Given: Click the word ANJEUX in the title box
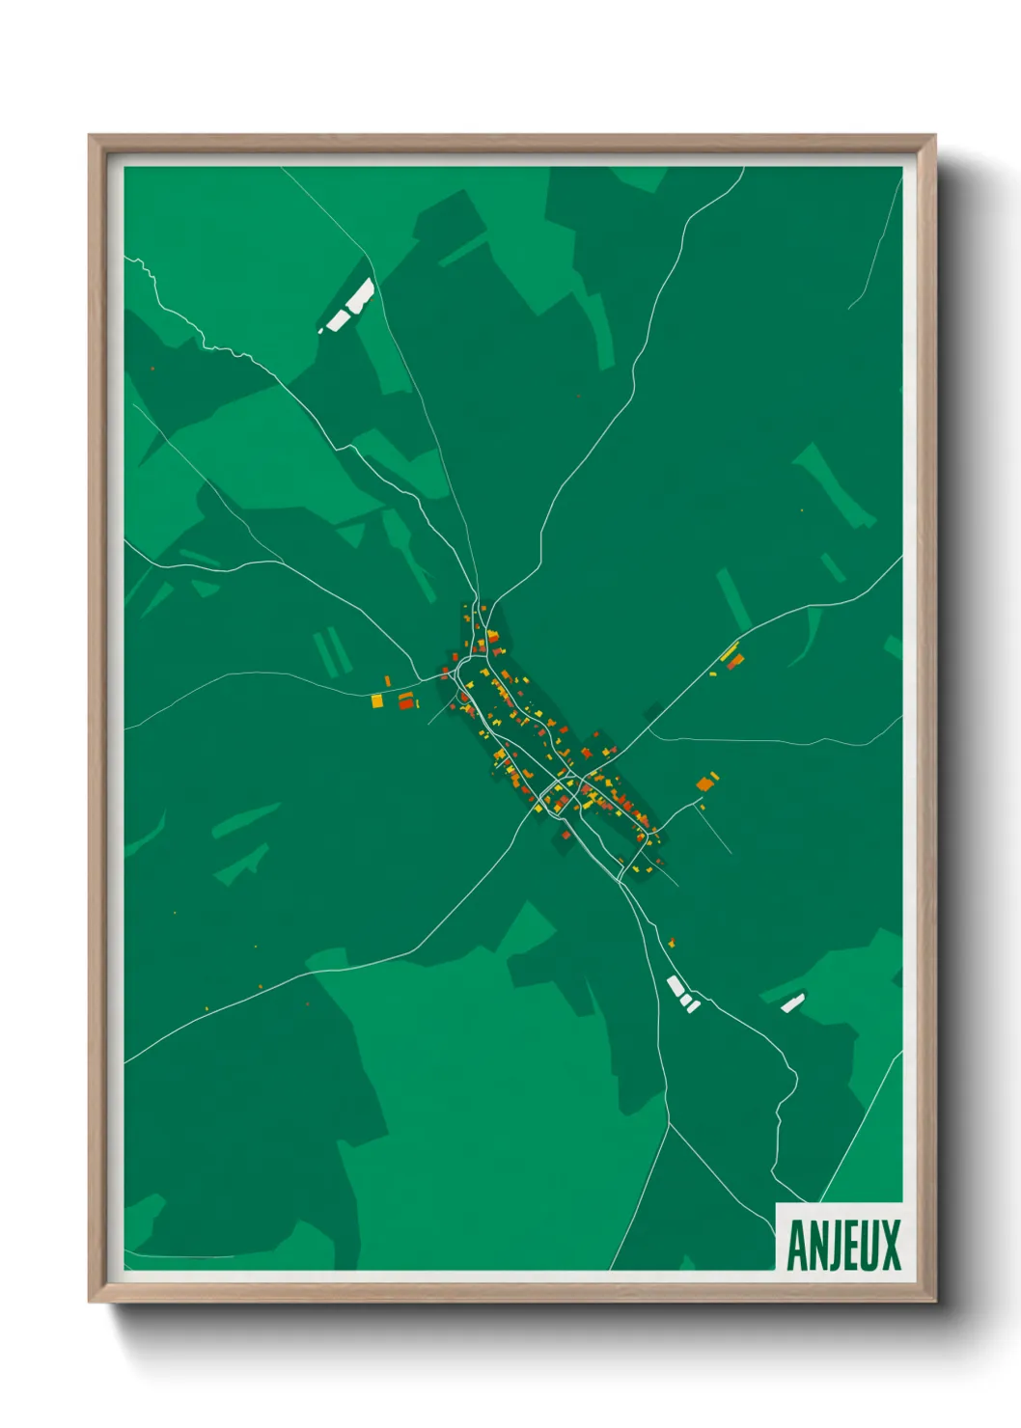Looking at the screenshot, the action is pos(843,1245).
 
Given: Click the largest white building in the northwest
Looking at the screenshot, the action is pos(358,295).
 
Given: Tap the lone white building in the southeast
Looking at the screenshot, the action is pos(792,1003).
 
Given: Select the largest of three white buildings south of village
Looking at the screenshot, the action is pos(675,986).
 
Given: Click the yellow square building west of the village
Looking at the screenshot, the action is pos(377,701).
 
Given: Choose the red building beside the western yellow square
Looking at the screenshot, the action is pos(406,700).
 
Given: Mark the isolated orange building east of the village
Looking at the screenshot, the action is pos(705,783).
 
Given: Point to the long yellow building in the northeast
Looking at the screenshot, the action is pos(730,651).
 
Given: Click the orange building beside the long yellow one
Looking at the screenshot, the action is pos(736,661).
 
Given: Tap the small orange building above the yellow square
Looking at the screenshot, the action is pos(387,681).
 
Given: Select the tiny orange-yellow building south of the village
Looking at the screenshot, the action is pos(671,943).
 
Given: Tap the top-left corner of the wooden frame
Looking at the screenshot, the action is pos(90,136).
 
